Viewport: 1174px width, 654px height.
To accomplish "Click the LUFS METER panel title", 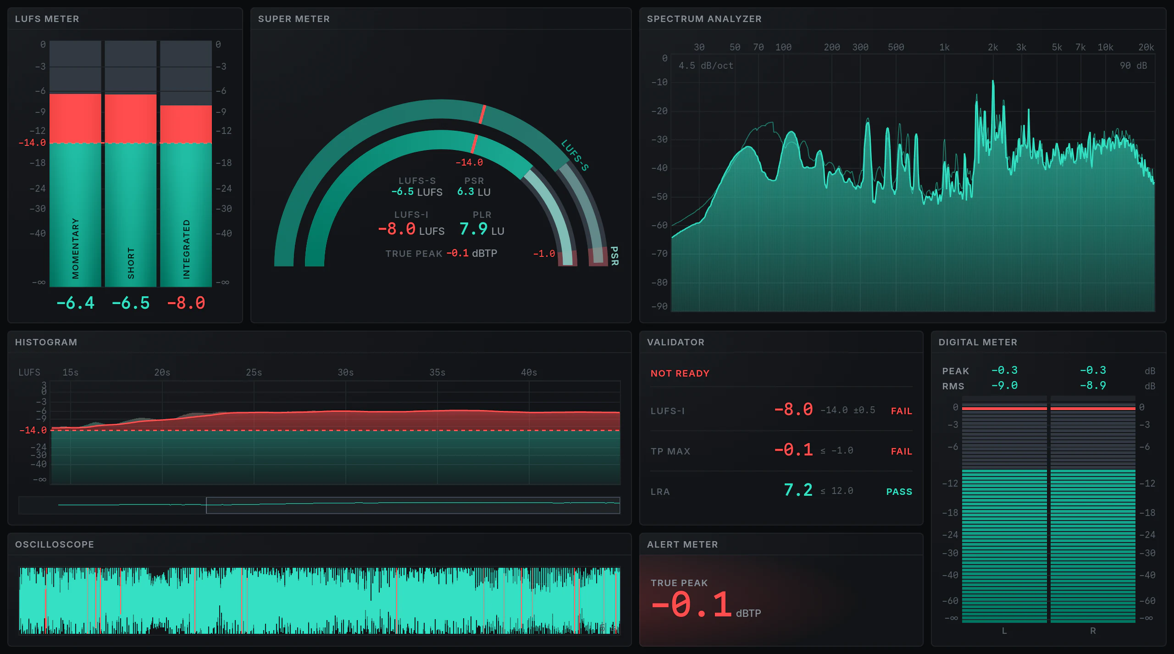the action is click(x=47, y=19).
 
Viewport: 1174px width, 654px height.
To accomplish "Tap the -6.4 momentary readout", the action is click(x=75, y=303).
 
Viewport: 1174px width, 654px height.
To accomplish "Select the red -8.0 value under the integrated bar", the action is click(x=186, y=303).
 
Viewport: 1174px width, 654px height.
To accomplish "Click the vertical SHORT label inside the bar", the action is click(x=131, y=263).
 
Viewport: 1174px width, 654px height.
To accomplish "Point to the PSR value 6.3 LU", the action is click(x=474, y=192).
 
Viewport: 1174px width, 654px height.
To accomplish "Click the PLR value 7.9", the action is click(x=473, y=228).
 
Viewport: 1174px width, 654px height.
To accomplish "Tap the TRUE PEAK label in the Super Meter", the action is click(x=414, y=254).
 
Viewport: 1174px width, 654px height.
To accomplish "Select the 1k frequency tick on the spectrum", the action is click(x=944, y=47).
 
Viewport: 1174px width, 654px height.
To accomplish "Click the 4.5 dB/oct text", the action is click(x=706, y=66).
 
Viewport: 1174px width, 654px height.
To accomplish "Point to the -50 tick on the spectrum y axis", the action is click(x=659, y=197).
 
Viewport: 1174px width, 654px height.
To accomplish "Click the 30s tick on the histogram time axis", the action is click(x=345, y=372).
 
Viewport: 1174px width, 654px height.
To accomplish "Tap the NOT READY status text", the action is click(x=680, y=373).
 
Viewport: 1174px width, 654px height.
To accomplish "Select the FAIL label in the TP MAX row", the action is click(x=901, y=451).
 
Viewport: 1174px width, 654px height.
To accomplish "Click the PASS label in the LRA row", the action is click(x=899, y=492).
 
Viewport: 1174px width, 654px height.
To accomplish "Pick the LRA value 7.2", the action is click(x=798, y=490).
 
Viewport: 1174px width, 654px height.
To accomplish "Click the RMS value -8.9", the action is click(x=1093, y=385).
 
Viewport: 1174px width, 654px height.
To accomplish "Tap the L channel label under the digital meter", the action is click(x=1004, y=631).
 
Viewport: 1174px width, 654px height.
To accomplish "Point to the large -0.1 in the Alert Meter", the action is click(x=692, y=604).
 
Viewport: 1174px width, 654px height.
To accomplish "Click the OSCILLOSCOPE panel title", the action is click(x=54, y=544).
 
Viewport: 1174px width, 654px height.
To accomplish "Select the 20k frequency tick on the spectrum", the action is click(x=1146, y=47).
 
